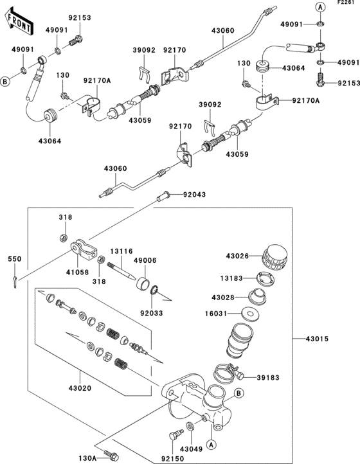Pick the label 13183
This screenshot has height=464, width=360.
232,278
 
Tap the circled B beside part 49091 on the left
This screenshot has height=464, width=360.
6,82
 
